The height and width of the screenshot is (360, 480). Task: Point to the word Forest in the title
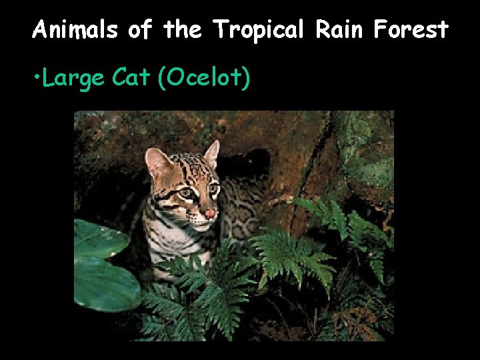[x=411, y=29]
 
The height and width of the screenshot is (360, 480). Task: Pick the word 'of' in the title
[x=141, y=29]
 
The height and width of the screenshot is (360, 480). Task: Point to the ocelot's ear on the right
[x=211, y=153]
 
